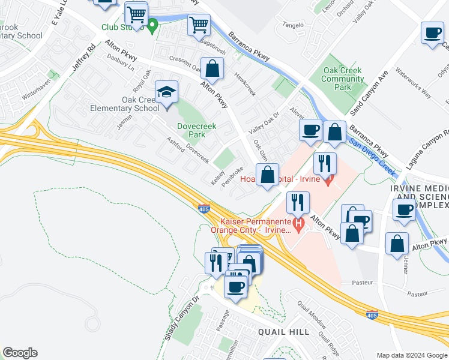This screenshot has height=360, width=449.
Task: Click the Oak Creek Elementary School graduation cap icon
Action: tap(166, 92)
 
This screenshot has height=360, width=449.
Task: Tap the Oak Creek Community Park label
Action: tap(343, 79)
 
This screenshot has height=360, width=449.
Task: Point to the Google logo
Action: tap(20, 353)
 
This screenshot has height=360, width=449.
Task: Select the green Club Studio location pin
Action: tap(152, 25)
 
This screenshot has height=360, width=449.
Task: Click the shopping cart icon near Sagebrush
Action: tap(199, 26)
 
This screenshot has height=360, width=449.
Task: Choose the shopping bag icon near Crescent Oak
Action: tap(211, 69)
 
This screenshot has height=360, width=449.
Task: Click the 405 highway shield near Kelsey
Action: tap(204, 208)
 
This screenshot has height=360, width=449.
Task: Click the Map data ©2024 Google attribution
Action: tap(411, 355)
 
